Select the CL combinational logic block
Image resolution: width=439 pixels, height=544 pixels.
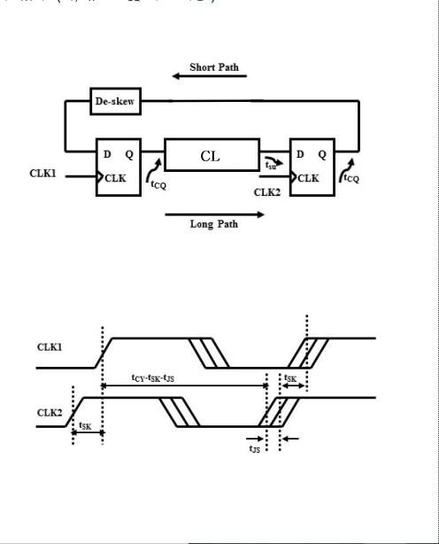pos(212,155)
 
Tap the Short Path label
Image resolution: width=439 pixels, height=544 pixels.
pos(213,67)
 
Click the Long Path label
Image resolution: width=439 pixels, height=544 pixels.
pos(213,223)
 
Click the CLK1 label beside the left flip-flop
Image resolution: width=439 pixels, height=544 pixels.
pos(42,174)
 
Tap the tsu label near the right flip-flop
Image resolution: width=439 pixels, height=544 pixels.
pos(270,165)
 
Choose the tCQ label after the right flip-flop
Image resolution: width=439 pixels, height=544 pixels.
pos(351,178)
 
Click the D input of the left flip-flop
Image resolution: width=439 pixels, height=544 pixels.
pos(107,154)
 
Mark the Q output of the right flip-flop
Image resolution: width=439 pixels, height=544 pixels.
pos(322,154)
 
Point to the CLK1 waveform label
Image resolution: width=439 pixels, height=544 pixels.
pos(50,346)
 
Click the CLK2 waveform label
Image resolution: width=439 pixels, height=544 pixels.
pos(50,412)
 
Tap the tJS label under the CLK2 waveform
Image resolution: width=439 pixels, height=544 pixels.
pos(254,450)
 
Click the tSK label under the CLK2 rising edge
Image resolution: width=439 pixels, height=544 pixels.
pos(86,425)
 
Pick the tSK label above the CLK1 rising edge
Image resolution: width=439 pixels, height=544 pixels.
pos(290,378)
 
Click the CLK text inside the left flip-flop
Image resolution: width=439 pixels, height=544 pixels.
pos(116,177)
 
